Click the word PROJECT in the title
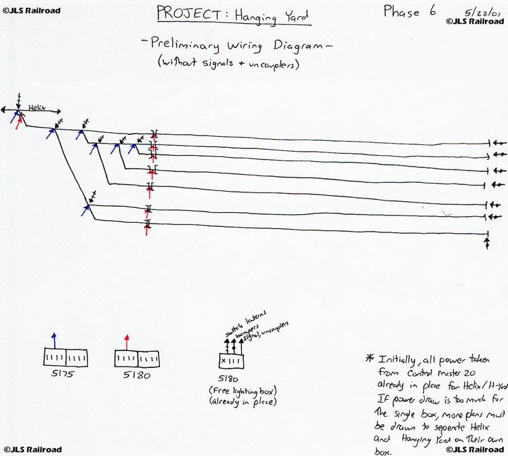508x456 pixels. [x=184, y=13]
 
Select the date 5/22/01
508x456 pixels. [x=478, y=12]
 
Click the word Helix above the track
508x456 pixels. [x=37, y=106]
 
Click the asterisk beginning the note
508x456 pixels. [x=369, y=358]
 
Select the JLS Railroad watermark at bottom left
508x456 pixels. [x=33, y=449]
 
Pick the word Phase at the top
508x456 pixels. [x=402, y=12]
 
